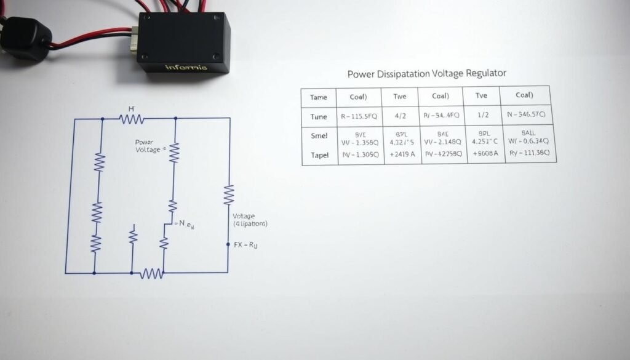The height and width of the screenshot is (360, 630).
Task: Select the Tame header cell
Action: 319,97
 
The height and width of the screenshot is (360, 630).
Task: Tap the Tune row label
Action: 319,116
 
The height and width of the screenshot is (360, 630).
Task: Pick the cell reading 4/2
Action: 400,116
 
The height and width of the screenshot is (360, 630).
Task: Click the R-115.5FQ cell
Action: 359,116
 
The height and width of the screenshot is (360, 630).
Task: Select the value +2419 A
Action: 400,155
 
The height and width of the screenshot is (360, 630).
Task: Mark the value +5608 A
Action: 482,155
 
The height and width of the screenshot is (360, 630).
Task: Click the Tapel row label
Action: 319,155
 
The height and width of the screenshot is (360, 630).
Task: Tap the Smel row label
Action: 319,136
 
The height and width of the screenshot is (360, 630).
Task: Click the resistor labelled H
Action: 132,119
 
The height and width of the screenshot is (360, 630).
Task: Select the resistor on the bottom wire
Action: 151,273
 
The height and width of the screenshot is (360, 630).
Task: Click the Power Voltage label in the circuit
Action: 148,145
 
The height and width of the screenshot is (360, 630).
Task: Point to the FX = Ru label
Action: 245,245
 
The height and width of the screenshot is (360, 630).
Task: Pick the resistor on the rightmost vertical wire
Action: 229,195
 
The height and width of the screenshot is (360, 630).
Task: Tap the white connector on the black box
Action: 134,39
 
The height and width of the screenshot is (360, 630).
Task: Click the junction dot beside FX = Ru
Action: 228,245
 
